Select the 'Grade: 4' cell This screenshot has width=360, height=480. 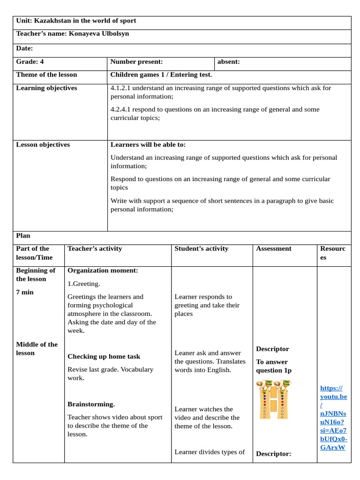[x=30, y=61]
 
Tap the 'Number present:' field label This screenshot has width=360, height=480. [x=136, y=61]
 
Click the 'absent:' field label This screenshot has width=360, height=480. [x=229, y=61]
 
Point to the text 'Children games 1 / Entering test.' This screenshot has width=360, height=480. [x=161, y=75]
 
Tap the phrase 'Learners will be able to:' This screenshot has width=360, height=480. [x=148, y=145]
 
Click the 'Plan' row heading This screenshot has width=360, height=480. [x=23, y=236]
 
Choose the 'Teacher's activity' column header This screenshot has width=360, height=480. [x=95, y=249]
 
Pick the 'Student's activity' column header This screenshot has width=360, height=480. [x=201, y=249]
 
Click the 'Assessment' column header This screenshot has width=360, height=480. [x=273, y=249]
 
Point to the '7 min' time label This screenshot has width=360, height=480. [x=25, y=292]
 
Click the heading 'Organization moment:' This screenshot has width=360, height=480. [x=103, y=270]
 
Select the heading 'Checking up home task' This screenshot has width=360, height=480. [x=104, y=357]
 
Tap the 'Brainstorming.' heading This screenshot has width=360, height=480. [x=91, y=404]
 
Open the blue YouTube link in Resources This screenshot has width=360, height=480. [x=333, y=417]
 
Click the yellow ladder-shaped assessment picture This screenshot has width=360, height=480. [x=273, y=399]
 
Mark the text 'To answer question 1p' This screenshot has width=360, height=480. [x=273, y=366]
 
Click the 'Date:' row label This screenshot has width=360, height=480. [x=24, y=48]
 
